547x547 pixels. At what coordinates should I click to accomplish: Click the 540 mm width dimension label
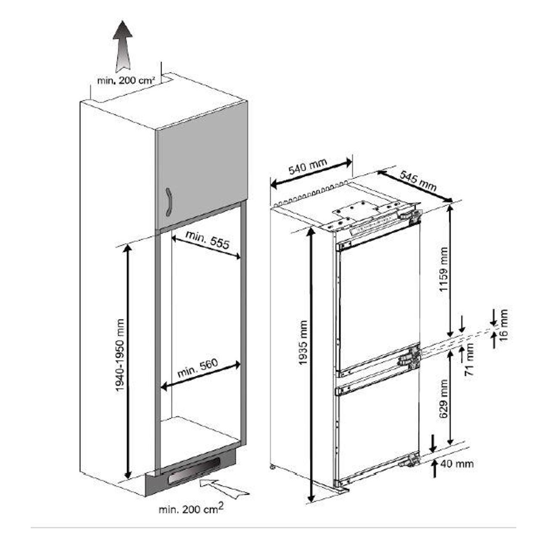coord(308,167)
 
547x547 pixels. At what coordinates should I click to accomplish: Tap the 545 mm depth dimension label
coord(417,181)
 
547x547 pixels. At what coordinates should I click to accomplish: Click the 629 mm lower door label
coord(443,398)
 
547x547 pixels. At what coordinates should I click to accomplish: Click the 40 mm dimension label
coord(457,464)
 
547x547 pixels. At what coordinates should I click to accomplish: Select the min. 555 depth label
coord(207,239)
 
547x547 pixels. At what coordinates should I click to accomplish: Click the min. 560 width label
coord(198,368)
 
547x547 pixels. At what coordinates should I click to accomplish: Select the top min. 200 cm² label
coord(126,81)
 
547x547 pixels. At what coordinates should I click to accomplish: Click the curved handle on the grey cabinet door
coord(169,202)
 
